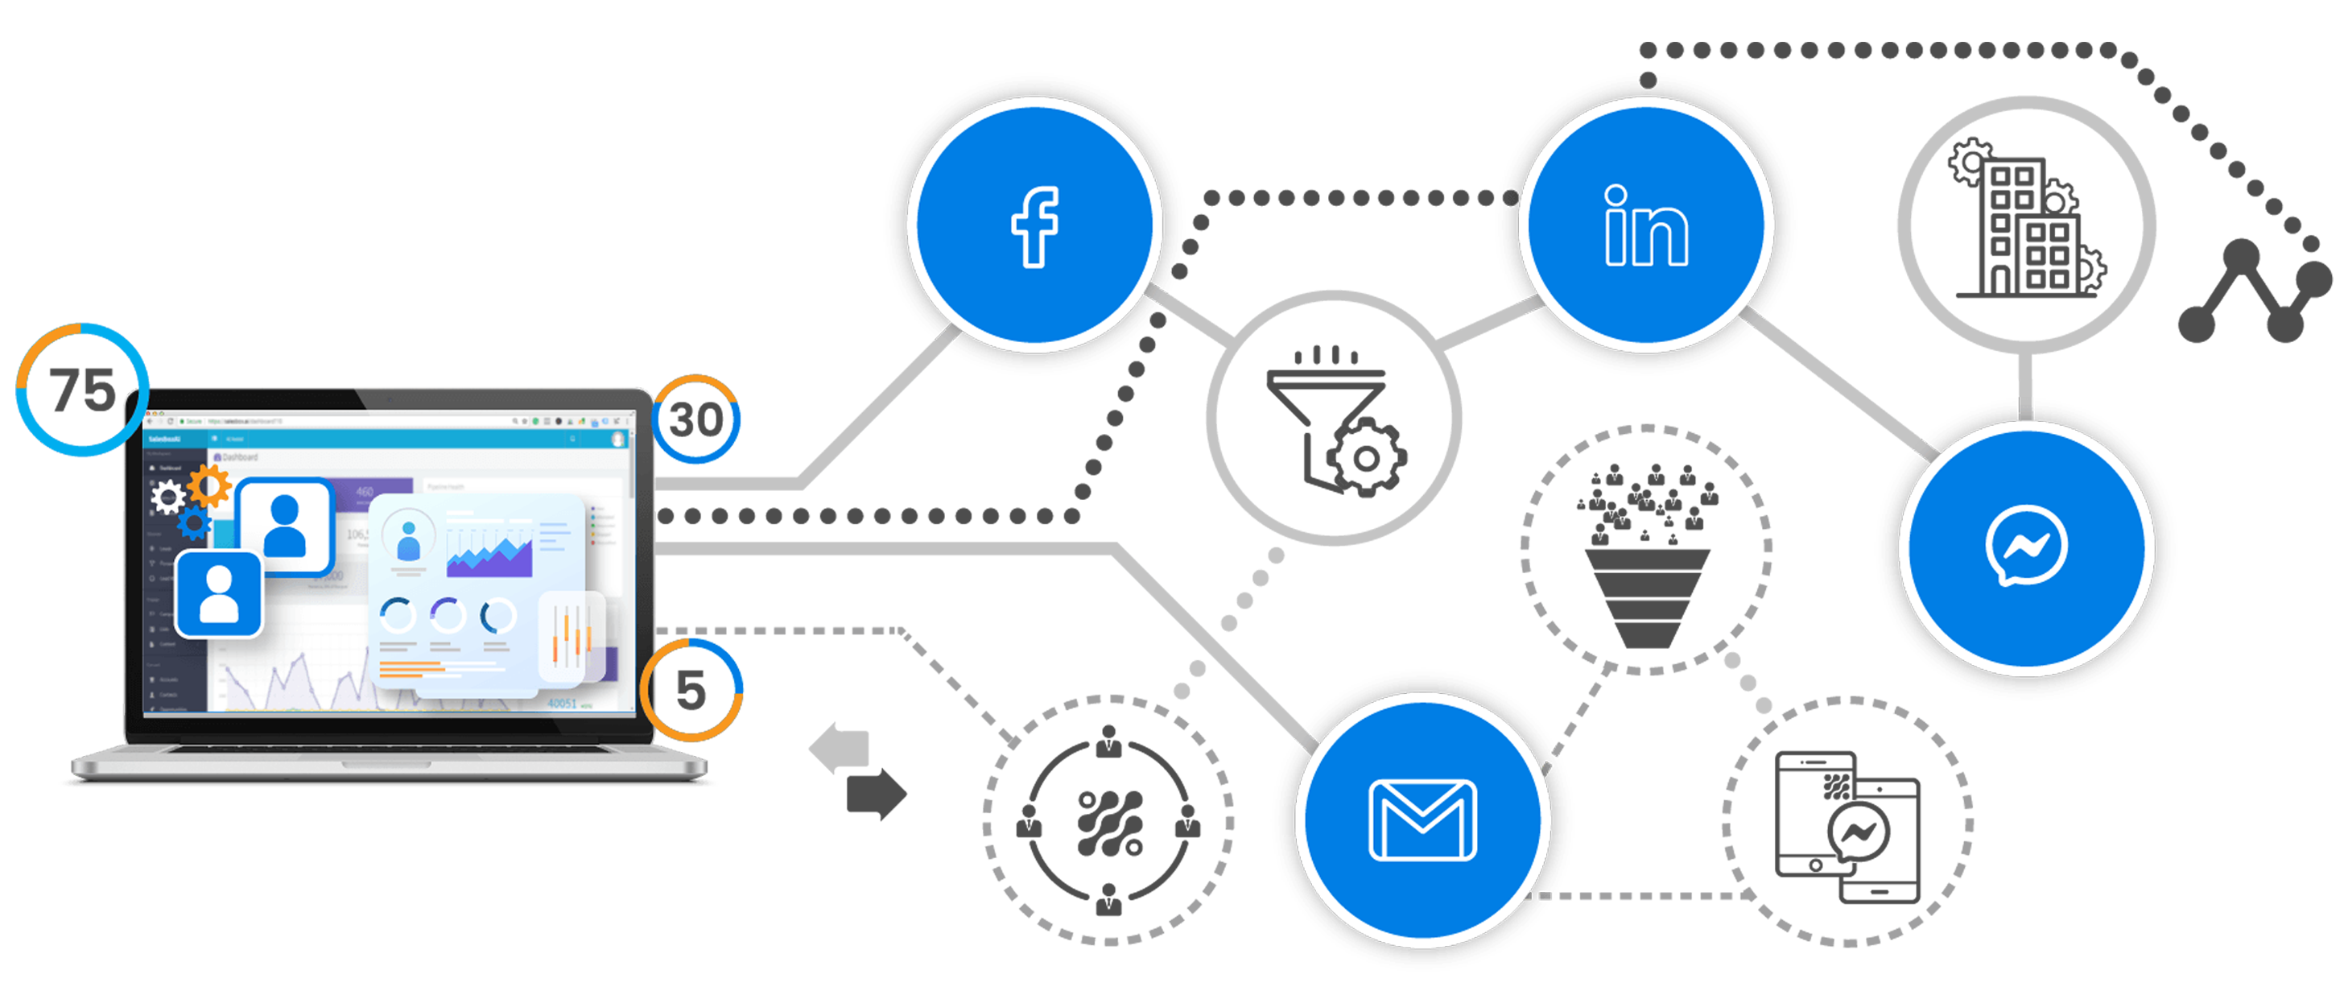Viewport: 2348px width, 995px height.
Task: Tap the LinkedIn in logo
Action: [1646, 227]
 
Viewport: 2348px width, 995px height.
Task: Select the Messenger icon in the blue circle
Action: [2025, 546]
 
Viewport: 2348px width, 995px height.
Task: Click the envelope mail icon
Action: [1423, 820]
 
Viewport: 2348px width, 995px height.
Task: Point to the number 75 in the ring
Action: [82, 390]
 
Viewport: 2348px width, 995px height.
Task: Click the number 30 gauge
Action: [696, 420]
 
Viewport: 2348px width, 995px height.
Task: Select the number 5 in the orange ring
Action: [691, 690]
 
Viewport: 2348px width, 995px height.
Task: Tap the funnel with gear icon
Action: [1335, 420]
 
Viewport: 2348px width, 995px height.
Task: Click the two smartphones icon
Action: [1847, 824]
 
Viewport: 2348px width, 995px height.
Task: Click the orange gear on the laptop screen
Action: [209, 485]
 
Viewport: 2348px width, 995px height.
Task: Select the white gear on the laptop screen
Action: [168, 497]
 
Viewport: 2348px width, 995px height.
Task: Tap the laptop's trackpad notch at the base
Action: [390, 750]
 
